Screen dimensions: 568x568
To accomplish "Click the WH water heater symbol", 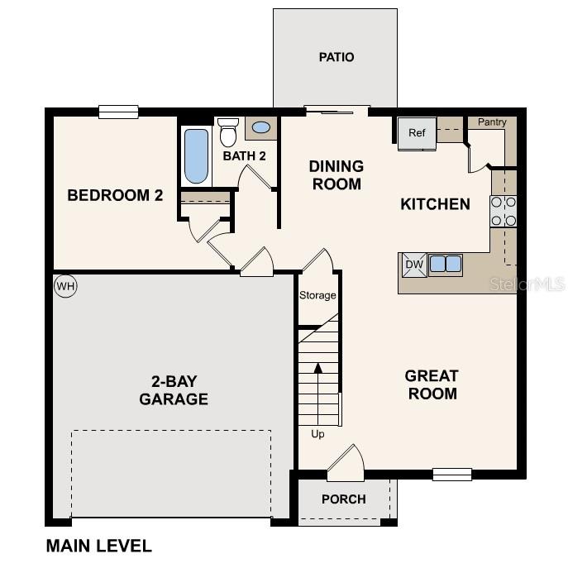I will coord(65,287).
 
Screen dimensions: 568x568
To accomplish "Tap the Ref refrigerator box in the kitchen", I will coord(416,133).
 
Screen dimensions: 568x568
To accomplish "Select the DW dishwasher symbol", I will coord(413,265).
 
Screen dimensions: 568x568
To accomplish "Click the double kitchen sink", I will coord(445,265).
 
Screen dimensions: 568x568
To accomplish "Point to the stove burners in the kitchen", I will coord(504,211).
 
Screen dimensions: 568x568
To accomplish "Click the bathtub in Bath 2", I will coord(196,155).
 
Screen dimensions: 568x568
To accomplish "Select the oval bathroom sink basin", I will coord(260,128).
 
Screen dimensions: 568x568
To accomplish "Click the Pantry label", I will coord(492,122).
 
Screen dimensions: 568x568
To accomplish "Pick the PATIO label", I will coord(336,57).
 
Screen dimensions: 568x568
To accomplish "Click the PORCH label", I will coord(343,499).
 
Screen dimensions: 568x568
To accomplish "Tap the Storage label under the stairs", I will coord(317,295).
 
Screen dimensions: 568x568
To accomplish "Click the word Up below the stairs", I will coord(317,434).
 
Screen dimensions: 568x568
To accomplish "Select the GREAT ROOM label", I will coord(431,384).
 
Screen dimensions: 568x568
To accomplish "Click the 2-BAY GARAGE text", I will coord(173,390).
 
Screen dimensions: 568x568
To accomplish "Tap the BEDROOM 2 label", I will coord(115,196).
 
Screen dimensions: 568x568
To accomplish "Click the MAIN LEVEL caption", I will coord(98,546).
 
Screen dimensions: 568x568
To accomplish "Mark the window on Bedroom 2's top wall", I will coord(118,112).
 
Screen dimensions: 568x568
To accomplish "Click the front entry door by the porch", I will coord(346,465).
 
